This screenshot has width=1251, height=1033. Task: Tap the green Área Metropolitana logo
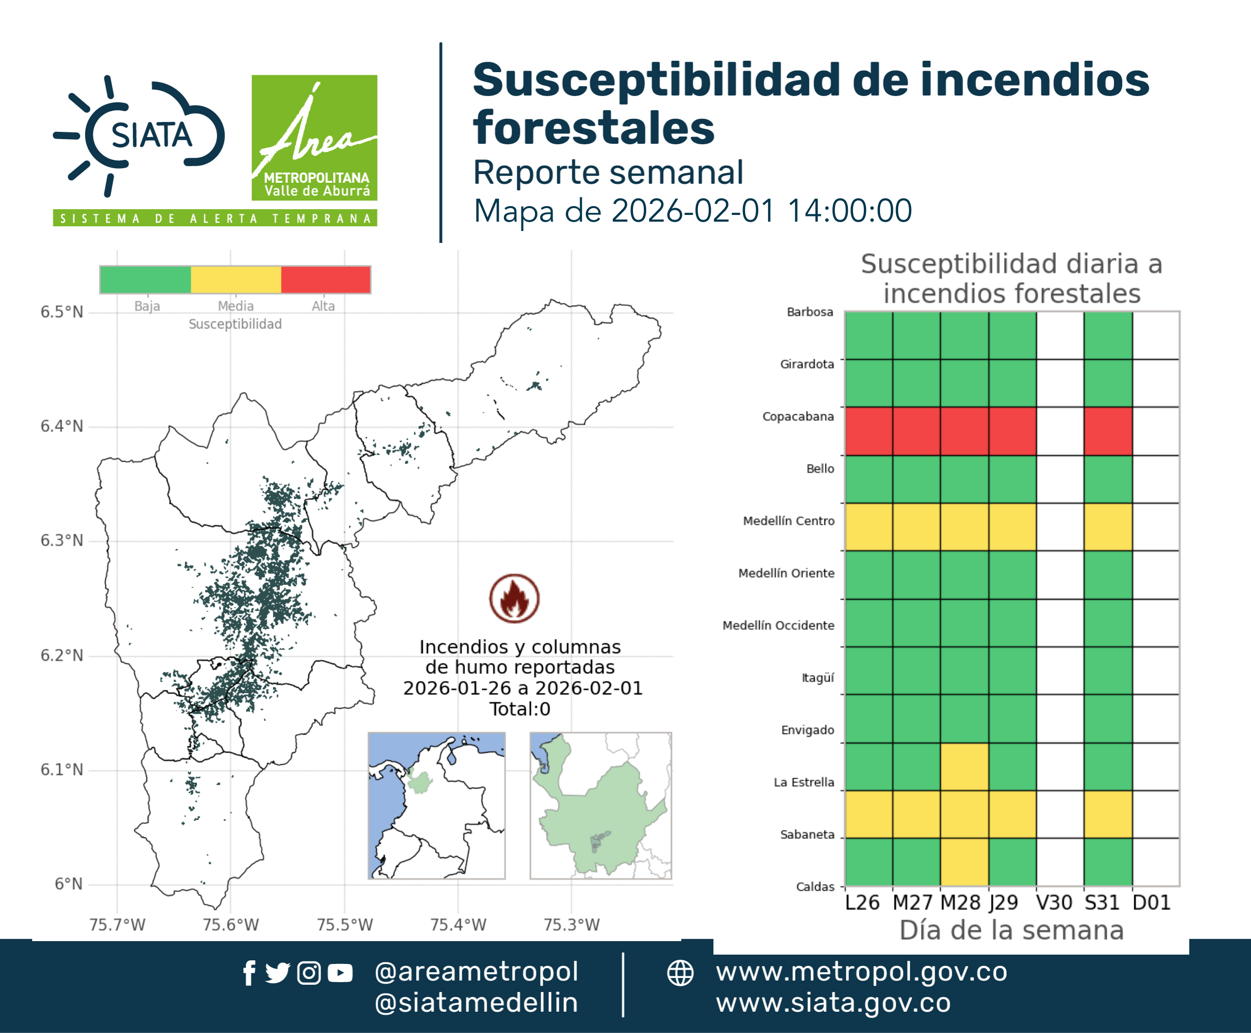point(314,138)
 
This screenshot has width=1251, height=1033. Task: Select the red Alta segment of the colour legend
point(325,280)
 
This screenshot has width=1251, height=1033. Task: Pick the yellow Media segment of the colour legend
point(236,280)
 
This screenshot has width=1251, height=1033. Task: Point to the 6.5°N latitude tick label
point(61,312)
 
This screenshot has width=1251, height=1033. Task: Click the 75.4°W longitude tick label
point(458,924)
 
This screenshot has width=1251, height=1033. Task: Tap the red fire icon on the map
point(515,598)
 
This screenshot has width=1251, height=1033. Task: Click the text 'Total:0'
point(520,709)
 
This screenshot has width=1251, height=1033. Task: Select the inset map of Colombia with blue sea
point(436,805)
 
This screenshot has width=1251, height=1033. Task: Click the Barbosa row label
point(809,312)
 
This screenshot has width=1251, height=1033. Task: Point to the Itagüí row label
point(818,677)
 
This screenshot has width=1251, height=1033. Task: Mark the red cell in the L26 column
point(869,431)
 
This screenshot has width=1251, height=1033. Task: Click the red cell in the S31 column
point(1108,431)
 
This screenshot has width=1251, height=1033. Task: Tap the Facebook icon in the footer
point(249,973)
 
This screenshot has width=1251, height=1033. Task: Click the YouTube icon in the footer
point(340,973)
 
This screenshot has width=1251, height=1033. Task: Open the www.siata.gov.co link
point(833,1003)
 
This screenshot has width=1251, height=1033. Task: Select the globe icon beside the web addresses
point(680,973)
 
